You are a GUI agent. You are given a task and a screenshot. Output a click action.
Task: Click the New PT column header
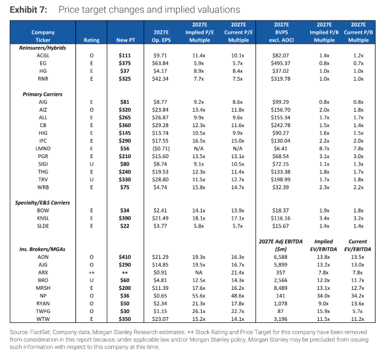pyautogui.click(x=126, y=40)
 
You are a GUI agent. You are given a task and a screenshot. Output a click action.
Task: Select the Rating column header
pyautogui.click(x=91, y=40)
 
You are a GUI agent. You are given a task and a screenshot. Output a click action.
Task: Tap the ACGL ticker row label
pyautogui.click(x=43, y=56)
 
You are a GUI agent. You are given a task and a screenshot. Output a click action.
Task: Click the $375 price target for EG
pyautogui.click(x=125, y=63)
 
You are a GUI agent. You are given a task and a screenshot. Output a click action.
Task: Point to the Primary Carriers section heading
pyautogui.click(x=42, y=94)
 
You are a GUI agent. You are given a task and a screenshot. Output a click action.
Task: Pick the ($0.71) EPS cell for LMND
pyautogui.click(x=161, y=148)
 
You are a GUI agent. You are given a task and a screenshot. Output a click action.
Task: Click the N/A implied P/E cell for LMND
pyautogui.click(x=199, y=148)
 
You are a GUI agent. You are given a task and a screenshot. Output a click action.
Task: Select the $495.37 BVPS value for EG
pyautogui.click(x=280, y=63)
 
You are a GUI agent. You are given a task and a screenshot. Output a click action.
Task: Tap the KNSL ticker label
pyautogui.click(x=43, y=218)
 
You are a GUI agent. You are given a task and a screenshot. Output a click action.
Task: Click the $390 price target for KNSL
pyautogui.click(x=125, y=218)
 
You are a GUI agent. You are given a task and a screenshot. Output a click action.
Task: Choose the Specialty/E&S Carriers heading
pyautogui.click(x=42, y=202)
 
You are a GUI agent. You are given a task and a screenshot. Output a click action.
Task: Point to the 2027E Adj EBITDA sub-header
pyautogui.click(x=280, y=242)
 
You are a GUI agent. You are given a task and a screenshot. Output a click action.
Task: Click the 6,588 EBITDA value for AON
pyautogui.click(x=280, y=257)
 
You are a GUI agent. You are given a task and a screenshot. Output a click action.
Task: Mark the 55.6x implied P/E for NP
pyautogui.click(x=199, y=296)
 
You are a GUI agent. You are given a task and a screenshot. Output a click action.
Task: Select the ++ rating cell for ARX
pyautogui.click(x=91, y=273)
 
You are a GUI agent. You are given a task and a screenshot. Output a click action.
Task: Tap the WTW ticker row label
pyautogui.click(x=43, y=319)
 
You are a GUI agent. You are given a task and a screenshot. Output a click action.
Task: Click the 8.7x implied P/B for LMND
pyautogui.click(x=324, y=148)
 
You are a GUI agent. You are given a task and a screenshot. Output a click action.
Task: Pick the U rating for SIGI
pyautogui.click(x=91, y=164)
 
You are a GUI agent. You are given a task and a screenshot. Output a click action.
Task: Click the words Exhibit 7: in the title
pyautogui.click(x=28, y=10)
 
